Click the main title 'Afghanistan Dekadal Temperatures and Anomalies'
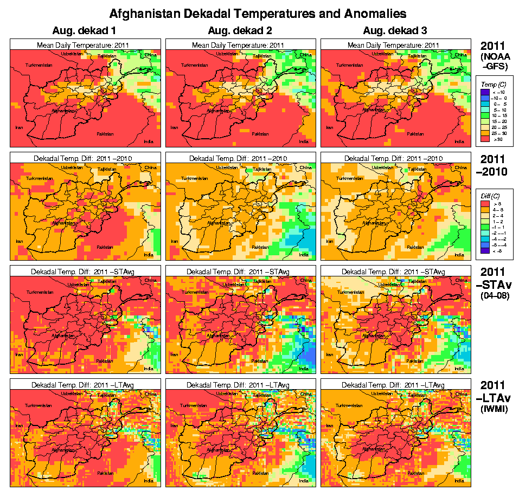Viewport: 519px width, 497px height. coord(258,12)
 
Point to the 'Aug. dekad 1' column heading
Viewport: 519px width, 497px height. coord(84,30)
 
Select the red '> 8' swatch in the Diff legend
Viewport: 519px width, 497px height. coord(485,203)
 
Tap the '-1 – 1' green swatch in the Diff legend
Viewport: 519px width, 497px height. coord(485,226)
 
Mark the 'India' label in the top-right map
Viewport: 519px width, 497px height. coord(459,141)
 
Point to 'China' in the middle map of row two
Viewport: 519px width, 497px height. coord(305,167)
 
